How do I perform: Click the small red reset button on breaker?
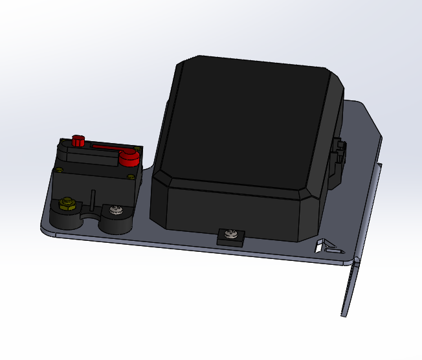pyautogui.click(x=78, y=140)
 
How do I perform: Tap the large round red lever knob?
pyautogui.click(x=129, y=157)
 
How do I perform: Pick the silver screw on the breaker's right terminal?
pyautogui.click(x=116, y=210)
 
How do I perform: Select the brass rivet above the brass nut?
pyautogui.click(x=59, y=170)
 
